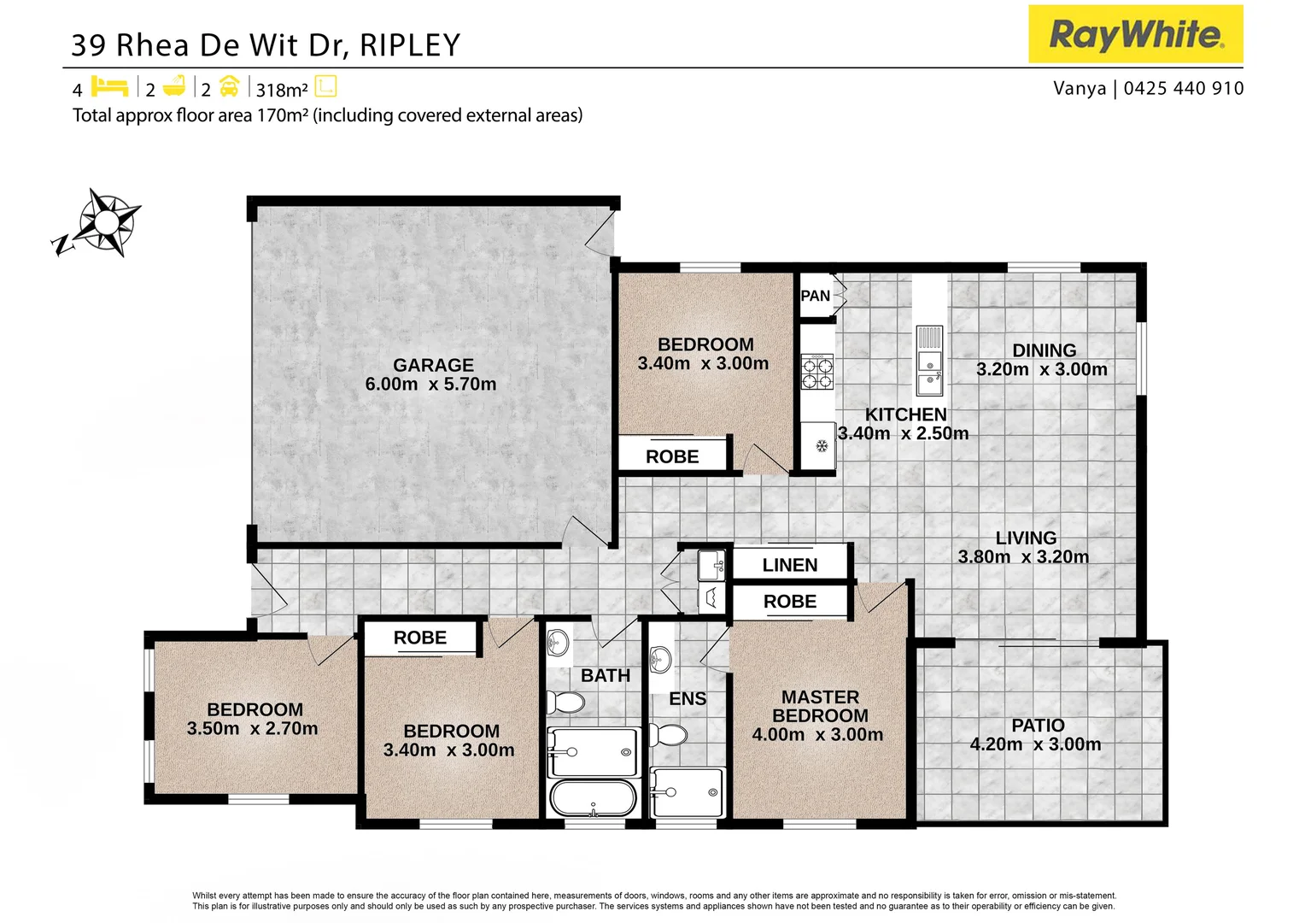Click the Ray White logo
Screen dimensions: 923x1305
tap(1135, 34)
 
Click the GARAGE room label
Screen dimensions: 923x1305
tap(433, 365)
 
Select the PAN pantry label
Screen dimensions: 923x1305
tap(815, 296)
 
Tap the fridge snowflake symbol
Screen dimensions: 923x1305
tap(822, 446)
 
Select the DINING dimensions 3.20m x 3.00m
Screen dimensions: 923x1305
tap(1042, 370)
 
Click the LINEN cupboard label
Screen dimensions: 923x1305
tap(790, 565)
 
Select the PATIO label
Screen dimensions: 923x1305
tap(1038, 726)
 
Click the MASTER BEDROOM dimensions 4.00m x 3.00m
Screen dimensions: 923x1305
tap(817, 735)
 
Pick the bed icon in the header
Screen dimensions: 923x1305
tap(109, 87)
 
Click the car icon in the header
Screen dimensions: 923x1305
tap(229, 87)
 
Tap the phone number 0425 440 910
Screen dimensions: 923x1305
tap(1184, 89)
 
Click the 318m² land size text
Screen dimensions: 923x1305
tap(282, 90)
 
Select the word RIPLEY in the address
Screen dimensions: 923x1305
tap(410, 45)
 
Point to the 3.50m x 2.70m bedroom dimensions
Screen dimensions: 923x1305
tap(253, 729)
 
